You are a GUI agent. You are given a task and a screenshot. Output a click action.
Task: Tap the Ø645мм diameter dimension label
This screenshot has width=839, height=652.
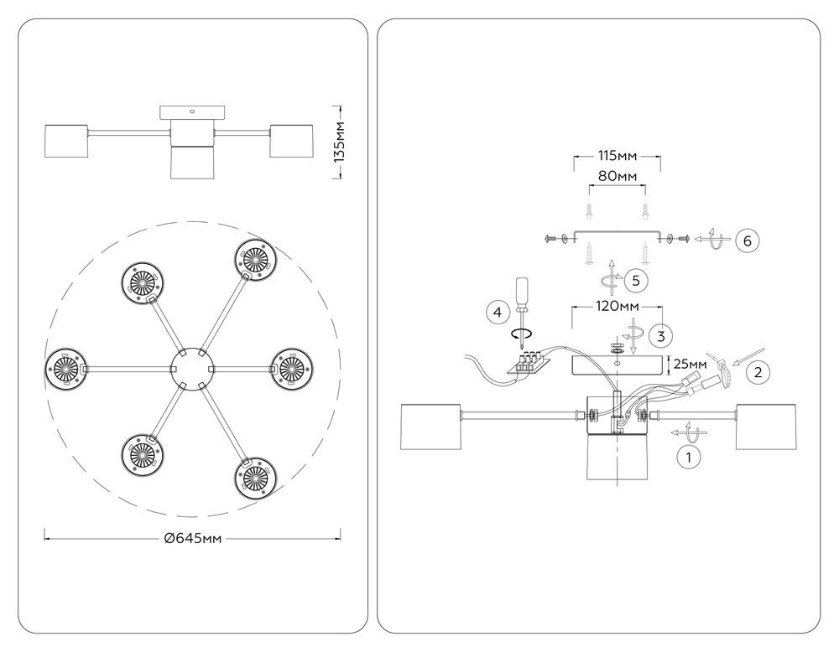click(x=193, y=539)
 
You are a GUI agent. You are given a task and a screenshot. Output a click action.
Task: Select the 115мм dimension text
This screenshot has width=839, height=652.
click(x=616, y=157)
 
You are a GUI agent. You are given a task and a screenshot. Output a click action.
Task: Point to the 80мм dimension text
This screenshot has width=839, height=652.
click(x=616, y=177)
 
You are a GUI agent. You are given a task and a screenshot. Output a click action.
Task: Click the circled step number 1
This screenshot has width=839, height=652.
click(x=689, y=458)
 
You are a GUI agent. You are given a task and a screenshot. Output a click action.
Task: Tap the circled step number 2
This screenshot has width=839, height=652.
click(x=758, y=371)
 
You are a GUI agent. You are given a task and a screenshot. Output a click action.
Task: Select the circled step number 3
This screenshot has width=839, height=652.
click(x=662, y=336)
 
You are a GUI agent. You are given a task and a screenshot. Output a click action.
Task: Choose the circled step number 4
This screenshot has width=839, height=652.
click(x=498, y=313)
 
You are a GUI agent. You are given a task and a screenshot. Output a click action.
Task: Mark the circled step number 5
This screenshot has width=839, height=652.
click(x=637, y=279)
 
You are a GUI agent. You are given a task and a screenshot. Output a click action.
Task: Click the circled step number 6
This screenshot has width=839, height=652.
click(x=748, y=241)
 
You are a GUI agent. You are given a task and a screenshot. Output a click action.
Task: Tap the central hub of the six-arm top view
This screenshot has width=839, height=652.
click(x=191, y=367)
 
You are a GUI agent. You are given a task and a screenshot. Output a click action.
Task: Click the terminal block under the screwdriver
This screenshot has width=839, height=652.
click(x=527, y=362)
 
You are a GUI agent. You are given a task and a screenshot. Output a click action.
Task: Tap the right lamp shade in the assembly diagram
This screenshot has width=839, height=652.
click(x=766, y=427)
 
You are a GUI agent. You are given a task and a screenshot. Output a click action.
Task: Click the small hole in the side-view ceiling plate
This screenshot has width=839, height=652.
click(x=193, y=110)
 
